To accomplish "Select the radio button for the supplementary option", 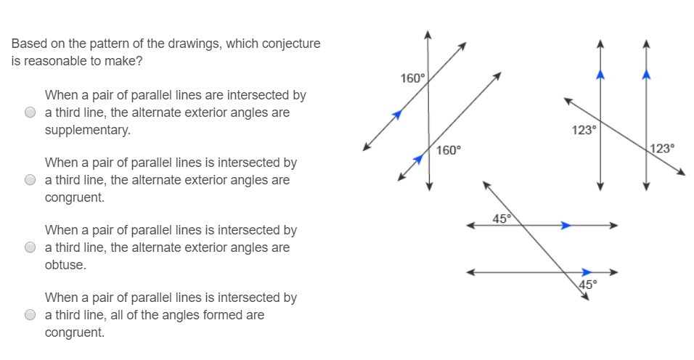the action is point(30,112).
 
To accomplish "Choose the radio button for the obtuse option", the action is point(30,247).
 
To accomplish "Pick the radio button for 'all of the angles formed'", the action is point(30,314).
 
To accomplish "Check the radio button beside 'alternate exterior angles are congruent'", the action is point(30,179).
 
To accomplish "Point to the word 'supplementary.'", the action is point(88,130).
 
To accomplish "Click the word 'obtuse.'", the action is point(65,264).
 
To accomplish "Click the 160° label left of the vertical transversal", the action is point(412,78).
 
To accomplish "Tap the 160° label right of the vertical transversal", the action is point(449,150).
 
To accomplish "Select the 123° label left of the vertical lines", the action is point(584,130).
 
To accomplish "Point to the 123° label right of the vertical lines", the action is point(662,148).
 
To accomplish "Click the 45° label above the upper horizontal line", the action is point(502,218).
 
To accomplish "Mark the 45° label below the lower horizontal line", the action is point(588,285).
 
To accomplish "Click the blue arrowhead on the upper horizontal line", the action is point(566,226).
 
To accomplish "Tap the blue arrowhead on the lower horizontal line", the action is point(587,272).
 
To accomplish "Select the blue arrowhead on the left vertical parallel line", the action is point(600,74).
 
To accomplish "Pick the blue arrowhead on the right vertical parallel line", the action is point(646,74).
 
